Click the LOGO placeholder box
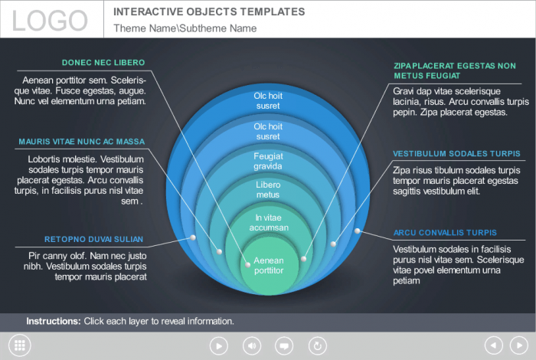point(51,19)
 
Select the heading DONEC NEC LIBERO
point(103,63)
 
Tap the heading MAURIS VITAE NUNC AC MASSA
point(81,142)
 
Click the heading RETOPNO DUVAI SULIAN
point(93,239)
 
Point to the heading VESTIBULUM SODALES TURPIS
point(456,153)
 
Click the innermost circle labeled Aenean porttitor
point(269,265)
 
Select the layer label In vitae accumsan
point(269,223)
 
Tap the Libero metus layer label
point(269,189)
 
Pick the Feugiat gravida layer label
point(269,161)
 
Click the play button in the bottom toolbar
point(219,345)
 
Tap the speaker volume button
point(251,345)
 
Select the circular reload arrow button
point(317,345)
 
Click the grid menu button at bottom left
point(19,345)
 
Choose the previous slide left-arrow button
point(494,345)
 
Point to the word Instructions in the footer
point(54,322)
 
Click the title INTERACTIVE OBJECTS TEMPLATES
point(209,12)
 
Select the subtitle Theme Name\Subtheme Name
point(185,28)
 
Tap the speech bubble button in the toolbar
point(284,345)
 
